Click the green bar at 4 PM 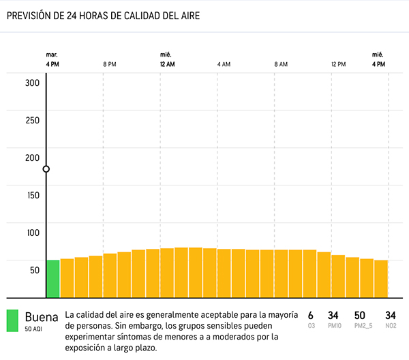point(52,278)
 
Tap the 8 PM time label point(110,64)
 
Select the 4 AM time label point(224,64)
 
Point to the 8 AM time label point(281,64)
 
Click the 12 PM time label point(338,64)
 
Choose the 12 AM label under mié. point(167,64)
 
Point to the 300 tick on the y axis point(33,85)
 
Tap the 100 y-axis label point(33,232)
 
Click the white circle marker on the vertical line point(46,169)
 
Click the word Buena point(41,317)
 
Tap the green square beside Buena point(12,320)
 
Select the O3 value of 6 point(311,315)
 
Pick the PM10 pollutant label point(333,326)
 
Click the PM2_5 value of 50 point(361,315)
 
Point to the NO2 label point(391,326)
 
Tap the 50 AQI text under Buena point(34,329)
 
